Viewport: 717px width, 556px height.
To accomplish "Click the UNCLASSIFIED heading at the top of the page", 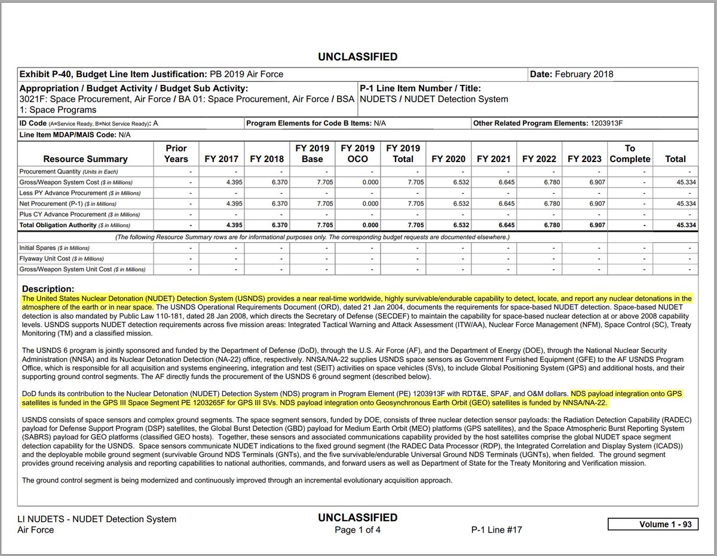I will tap(358, 57).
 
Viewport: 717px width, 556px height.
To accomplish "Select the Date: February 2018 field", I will tap(571, 75).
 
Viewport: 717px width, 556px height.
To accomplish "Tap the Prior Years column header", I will tap(176, 153).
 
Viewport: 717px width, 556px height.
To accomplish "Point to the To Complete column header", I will tap(630, 153).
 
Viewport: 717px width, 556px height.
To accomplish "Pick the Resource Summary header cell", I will tap(85, 159).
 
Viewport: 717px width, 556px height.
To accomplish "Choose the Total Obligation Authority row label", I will tap(75, 225).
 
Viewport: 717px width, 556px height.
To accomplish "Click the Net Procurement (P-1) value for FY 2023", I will tap(587, 204).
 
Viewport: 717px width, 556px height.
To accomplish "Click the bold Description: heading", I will tap(47, 289).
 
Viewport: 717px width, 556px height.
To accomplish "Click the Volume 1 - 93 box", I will tap(651, 524).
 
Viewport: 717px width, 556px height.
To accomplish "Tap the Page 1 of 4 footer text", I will tap(358, 530).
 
